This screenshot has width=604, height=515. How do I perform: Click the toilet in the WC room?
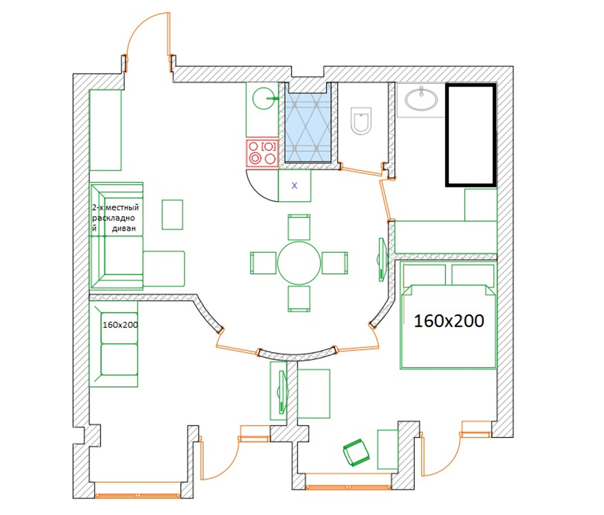click(361, 121)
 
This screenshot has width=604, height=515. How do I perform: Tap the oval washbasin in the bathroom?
click(421, 99)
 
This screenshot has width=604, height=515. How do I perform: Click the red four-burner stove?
click(262, 153)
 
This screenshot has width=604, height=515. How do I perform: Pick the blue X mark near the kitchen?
click(295, 185)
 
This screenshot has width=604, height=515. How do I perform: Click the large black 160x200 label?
click(449, 321)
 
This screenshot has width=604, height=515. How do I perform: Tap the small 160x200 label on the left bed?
click(120, 325)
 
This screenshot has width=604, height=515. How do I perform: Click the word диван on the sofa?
click(124, 228)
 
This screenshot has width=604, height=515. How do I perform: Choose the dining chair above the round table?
click(299, 227)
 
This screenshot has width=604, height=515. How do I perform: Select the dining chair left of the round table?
click(263, 263)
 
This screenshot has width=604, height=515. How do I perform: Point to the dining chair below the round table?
click(299, 299)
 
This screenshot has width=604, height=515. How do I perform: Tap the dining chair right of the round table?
click(335, 263)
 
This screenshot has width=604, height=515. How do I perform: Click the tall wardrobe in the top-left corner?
click(105, 130)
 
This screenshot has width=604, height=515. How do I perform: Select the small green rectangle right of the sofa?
click(173, 215)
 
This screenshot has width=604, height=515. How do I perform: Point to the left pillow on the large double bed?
click(424, 275)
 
